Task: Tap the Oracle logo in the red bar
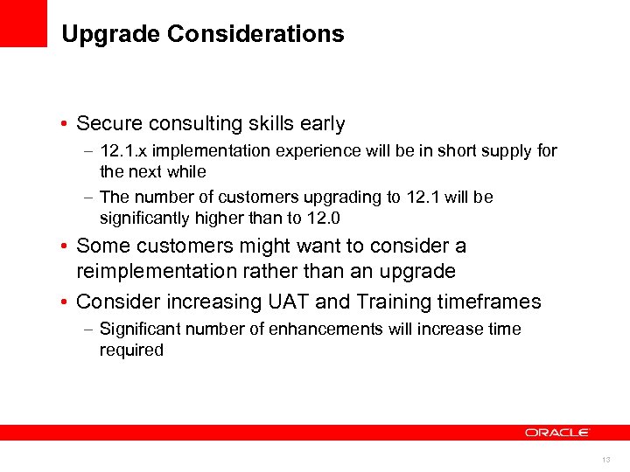pyautogui.click(x=557, y=432)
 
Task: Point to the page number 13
pyautogui.click(x=605, y=460)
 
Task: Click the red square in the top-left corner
pyautogui.click(x=24, y=23)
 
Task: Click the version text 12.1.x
pyautogui.click(x=128, y=151)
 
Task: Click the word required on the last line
pyautogui.click(x=131, y=351)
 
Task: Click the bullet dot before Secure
pyautogui.click(x=66, y=125)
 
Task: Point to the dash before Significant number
pyautogui.click(x=90, y=330)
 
